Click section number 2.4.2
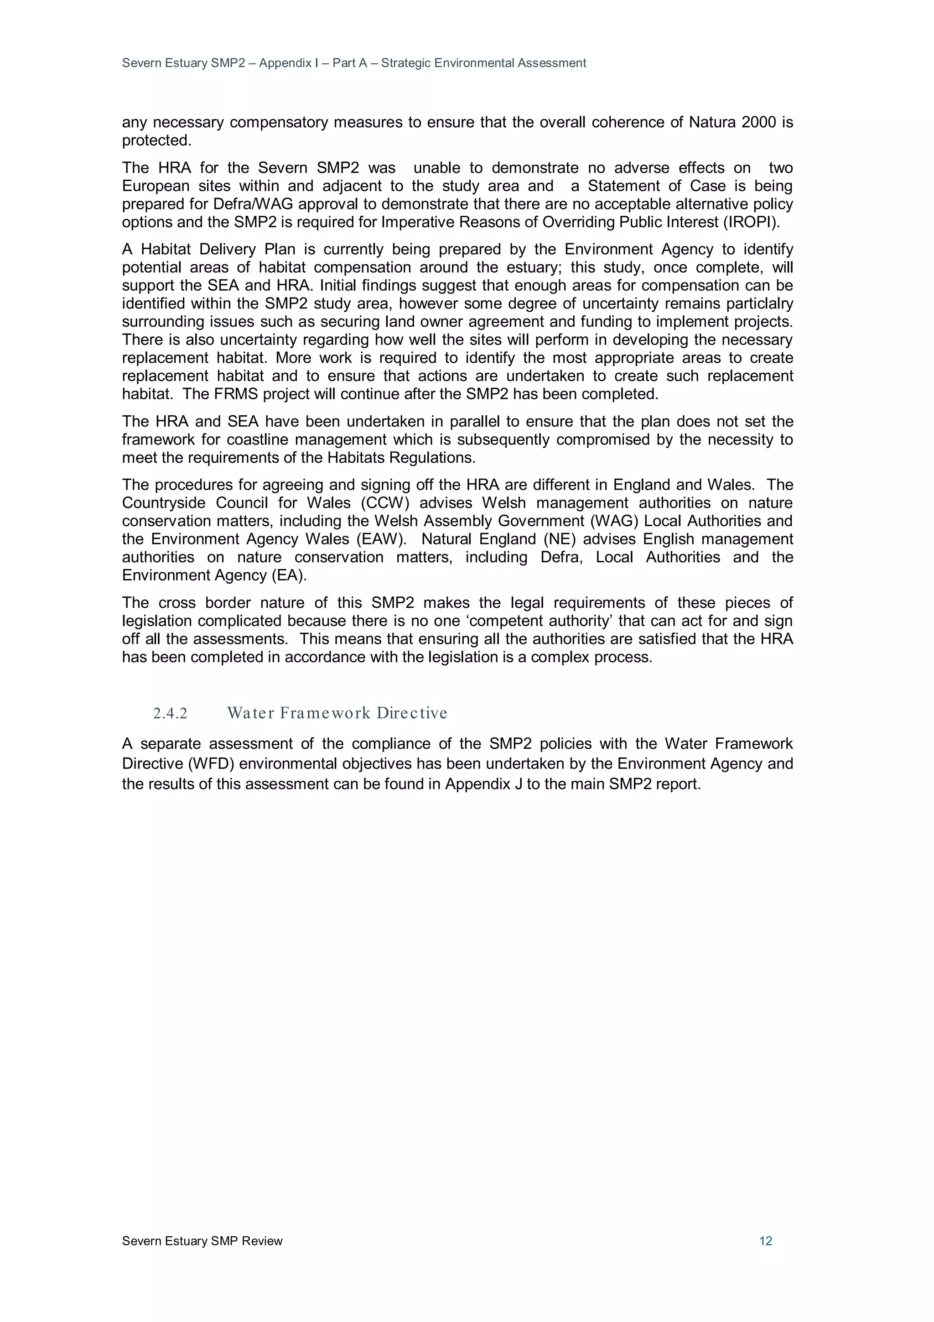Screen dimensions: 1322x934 coord(171,713)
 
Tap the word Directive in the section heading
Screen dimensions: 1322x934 coord(411,713)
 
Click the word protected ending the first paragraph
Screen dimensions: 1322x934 coord(156,141)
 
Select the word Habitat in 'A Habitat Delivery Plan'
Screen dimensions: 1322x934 coord(165,249)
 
